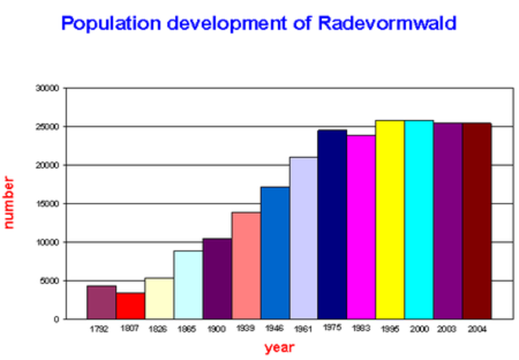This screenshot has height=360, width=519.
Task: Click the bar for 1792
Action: pyautogui.click(x=101, y=302)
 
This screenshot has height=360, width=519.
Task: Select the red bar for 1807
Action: pyautogui.click(x=131, y=306)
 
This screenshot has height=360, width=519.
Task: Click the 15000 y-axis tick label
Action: pyautogui.click(x=48, y=204)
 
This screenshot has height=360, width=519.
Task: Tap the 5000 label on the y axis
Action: pyautogui.click(x=50, y=281)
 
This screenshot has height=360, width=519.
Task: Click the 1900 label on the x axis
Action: pyautogui.click(x=217, y=330)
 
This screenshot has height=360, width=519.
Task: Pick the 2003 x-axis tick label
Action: pyautogui.click(x=448, y=330)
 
